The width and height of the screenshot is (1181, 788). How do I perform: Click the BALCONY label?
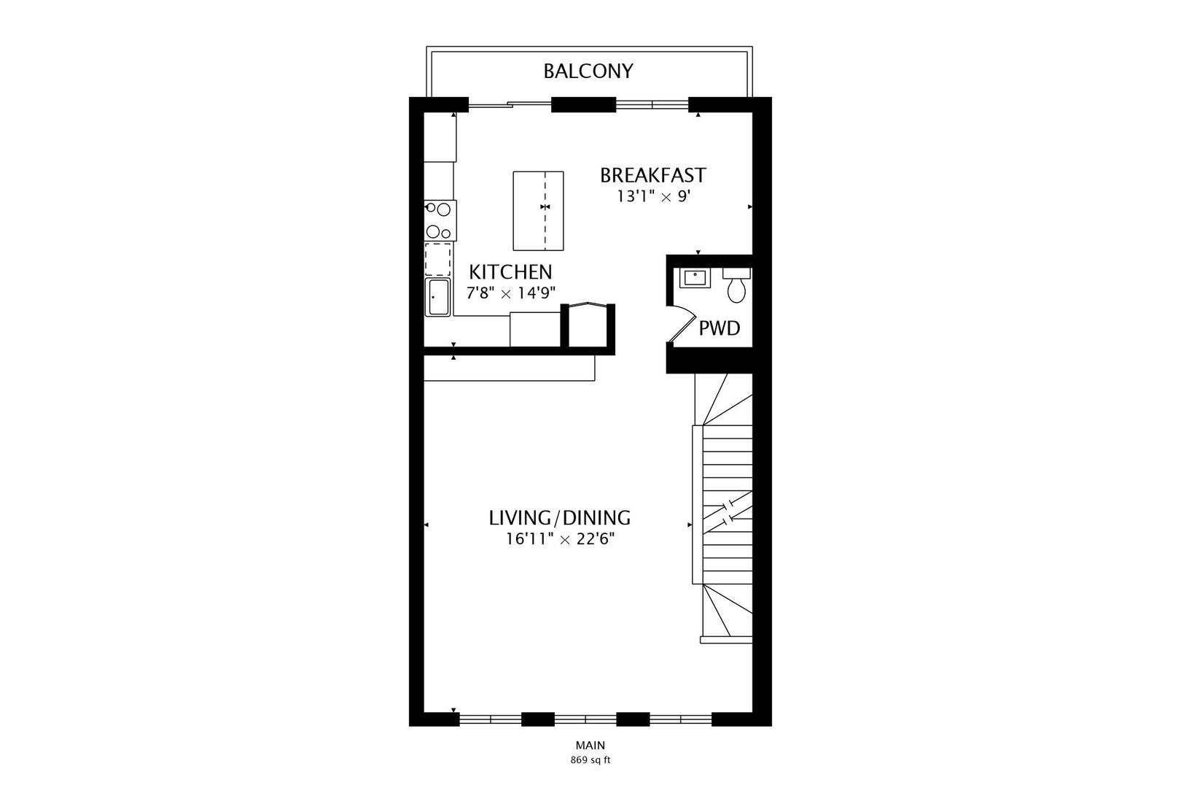(x=588, y=72)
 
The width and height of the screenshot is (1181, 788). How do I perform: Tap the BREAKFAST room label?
(x=652, y=176)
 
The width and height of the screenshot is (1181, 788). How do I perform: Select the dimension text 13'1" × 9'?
(x=652, y=196)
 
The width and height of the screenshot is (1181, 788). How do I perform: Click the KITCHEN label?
(x=510, y=272)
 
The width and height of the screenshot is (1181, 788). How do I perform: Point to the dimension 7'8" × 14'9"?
(x=511, y=293)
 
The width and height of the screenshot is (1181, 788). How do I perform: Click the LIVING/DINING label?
(x=559, y=518)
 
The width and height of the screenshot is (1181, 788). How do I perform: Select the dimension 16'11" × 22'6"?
(x=559, y=539)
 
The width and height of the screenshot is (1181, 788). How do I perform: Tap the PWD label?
(x=720, y=328)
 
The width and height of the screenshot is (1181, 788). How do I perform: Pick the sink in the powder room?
(x=695, y=278)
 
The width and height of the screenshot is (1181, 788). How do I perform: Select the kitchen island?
(x=538, y=211)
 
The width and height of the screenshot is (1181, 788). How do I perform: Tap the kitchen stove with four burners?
(x=440, y=220)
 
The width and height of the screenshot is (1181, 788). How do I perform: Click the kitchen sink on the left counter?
(x=438, y=297)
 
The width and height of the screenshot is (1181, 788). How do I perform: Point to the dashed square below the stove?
(x=438, y=259)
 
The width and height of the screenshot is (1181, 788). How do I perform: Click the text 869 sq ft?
(x=590, y=760)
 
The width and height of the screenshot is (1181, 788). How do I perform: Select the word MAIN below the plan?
(x=590, y=746)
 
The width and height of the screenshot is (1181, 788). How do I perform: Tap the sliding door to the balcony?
(x=510, y=105)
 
